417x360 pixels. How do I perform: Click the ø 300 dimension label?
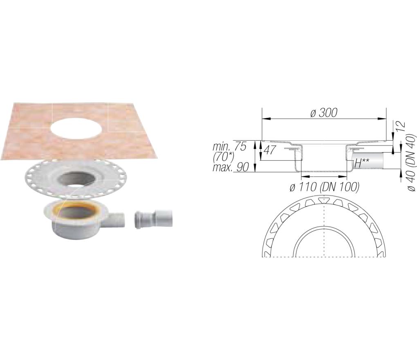pyautogui.click(x=324, y=112)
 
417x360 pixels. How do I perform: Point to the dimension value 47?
pyautogui.click(x=269, y=151)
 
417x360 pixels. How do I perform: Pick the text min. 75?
pyautogui.click(x=230, y=146)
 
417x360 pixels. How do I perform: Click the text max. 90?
pyautogui.click(x=231, y=167)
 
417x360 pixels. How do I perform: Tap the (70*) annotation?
pyautogui.click(x=224, y=157)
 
